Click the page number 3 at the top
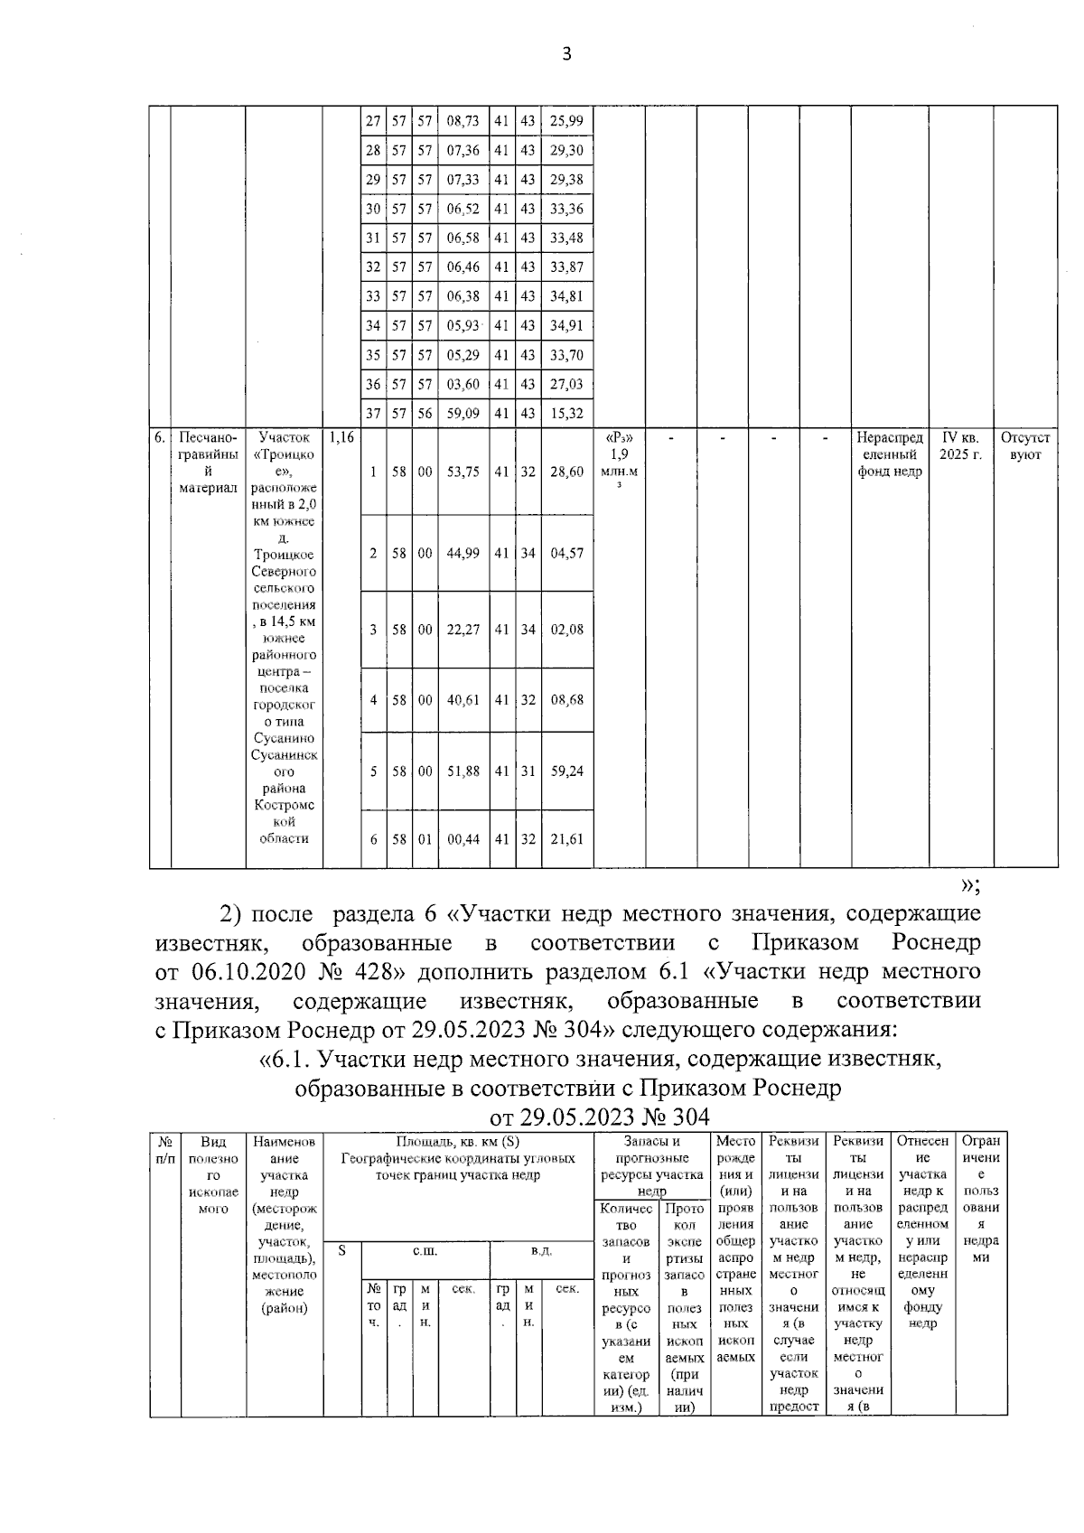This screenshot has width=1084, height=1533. pos(566,54)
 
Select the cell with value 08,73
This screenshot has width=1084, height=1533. pos(463,121)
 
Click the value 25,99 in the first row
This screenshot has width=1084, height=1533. pos(566,121)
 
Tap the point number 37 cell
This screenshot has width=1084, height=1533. pos(372,414)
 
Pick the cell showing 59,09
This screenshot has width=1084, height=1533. pos(463,414)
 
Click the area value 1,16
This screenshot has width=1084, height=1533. pos(341,438)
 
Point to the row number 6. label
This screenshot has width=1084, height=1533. pos(159,438)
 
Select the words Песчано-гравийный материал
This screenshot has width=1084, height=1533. pos(208,463)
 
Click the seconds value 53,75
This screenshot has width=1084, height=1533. pos(463,472)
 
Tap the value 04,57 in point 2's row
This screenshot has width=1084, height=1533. pos(566,553)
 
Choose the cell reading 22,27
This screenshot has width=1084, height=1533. pos(463,630)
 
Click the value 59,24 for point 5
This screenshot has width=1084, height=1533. pos(566,771)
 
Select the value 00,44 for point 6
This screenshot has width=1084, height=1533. pos(463,839)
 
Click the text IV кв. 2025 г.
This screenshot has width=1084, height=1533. pos(959,446)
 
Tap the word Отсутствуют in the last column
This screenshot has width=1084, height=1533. pos(1025,446)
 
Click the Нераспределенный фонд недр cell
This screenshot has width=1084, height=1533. pos(890,454)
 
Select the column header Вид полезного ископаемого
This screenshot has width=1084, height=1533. pos(213,1174)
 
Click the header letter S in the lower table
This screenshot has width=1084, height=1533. pos(341,1251)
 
